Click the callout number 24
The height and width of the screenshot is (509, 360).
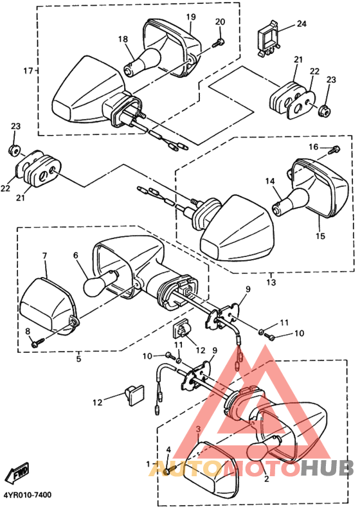[301, 24]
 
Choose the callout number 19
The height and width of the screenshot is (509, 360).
[191, 16]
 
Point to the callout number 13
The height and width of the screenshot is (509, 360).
[271, 282]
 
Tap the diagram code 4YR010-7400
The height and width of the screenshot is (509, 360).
[27, 496]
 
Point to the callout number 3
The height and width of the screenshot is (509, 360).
[198, 428]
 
